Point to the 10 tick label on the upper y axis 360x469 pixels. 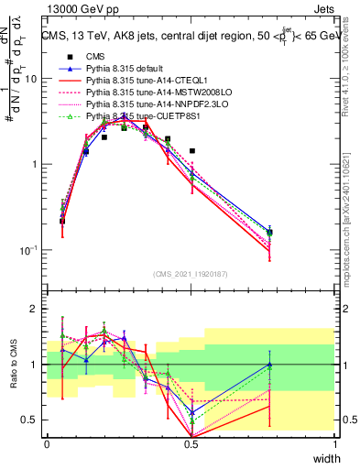click(30, 79)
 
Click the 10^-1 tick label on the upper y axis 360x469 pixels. click(28, 250)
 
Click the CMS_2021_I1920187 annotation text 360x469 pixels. click(191, 274)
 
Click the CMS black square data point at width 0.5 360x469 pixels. click(191, 150)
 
